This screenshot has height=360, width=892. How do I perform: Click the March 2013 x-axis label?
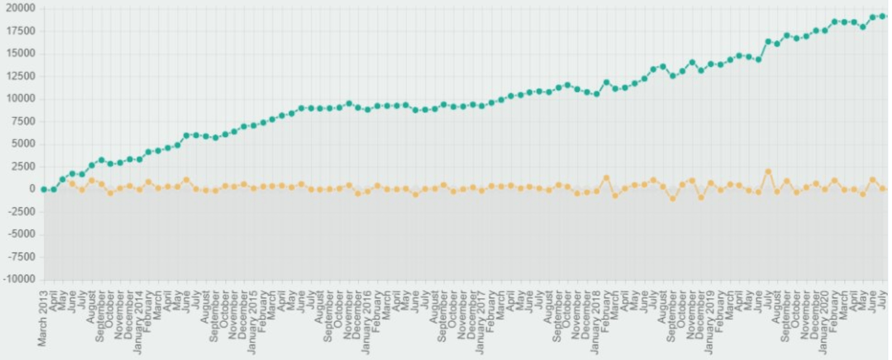pos(44,317)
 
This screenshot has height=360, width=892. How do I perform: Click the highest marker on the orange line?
pos(768,172)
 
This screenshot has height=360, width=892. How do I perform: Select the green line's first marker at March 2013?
pos(44,190)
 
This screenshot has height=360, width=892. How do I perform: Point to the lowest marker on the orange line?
pos(673,199)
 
